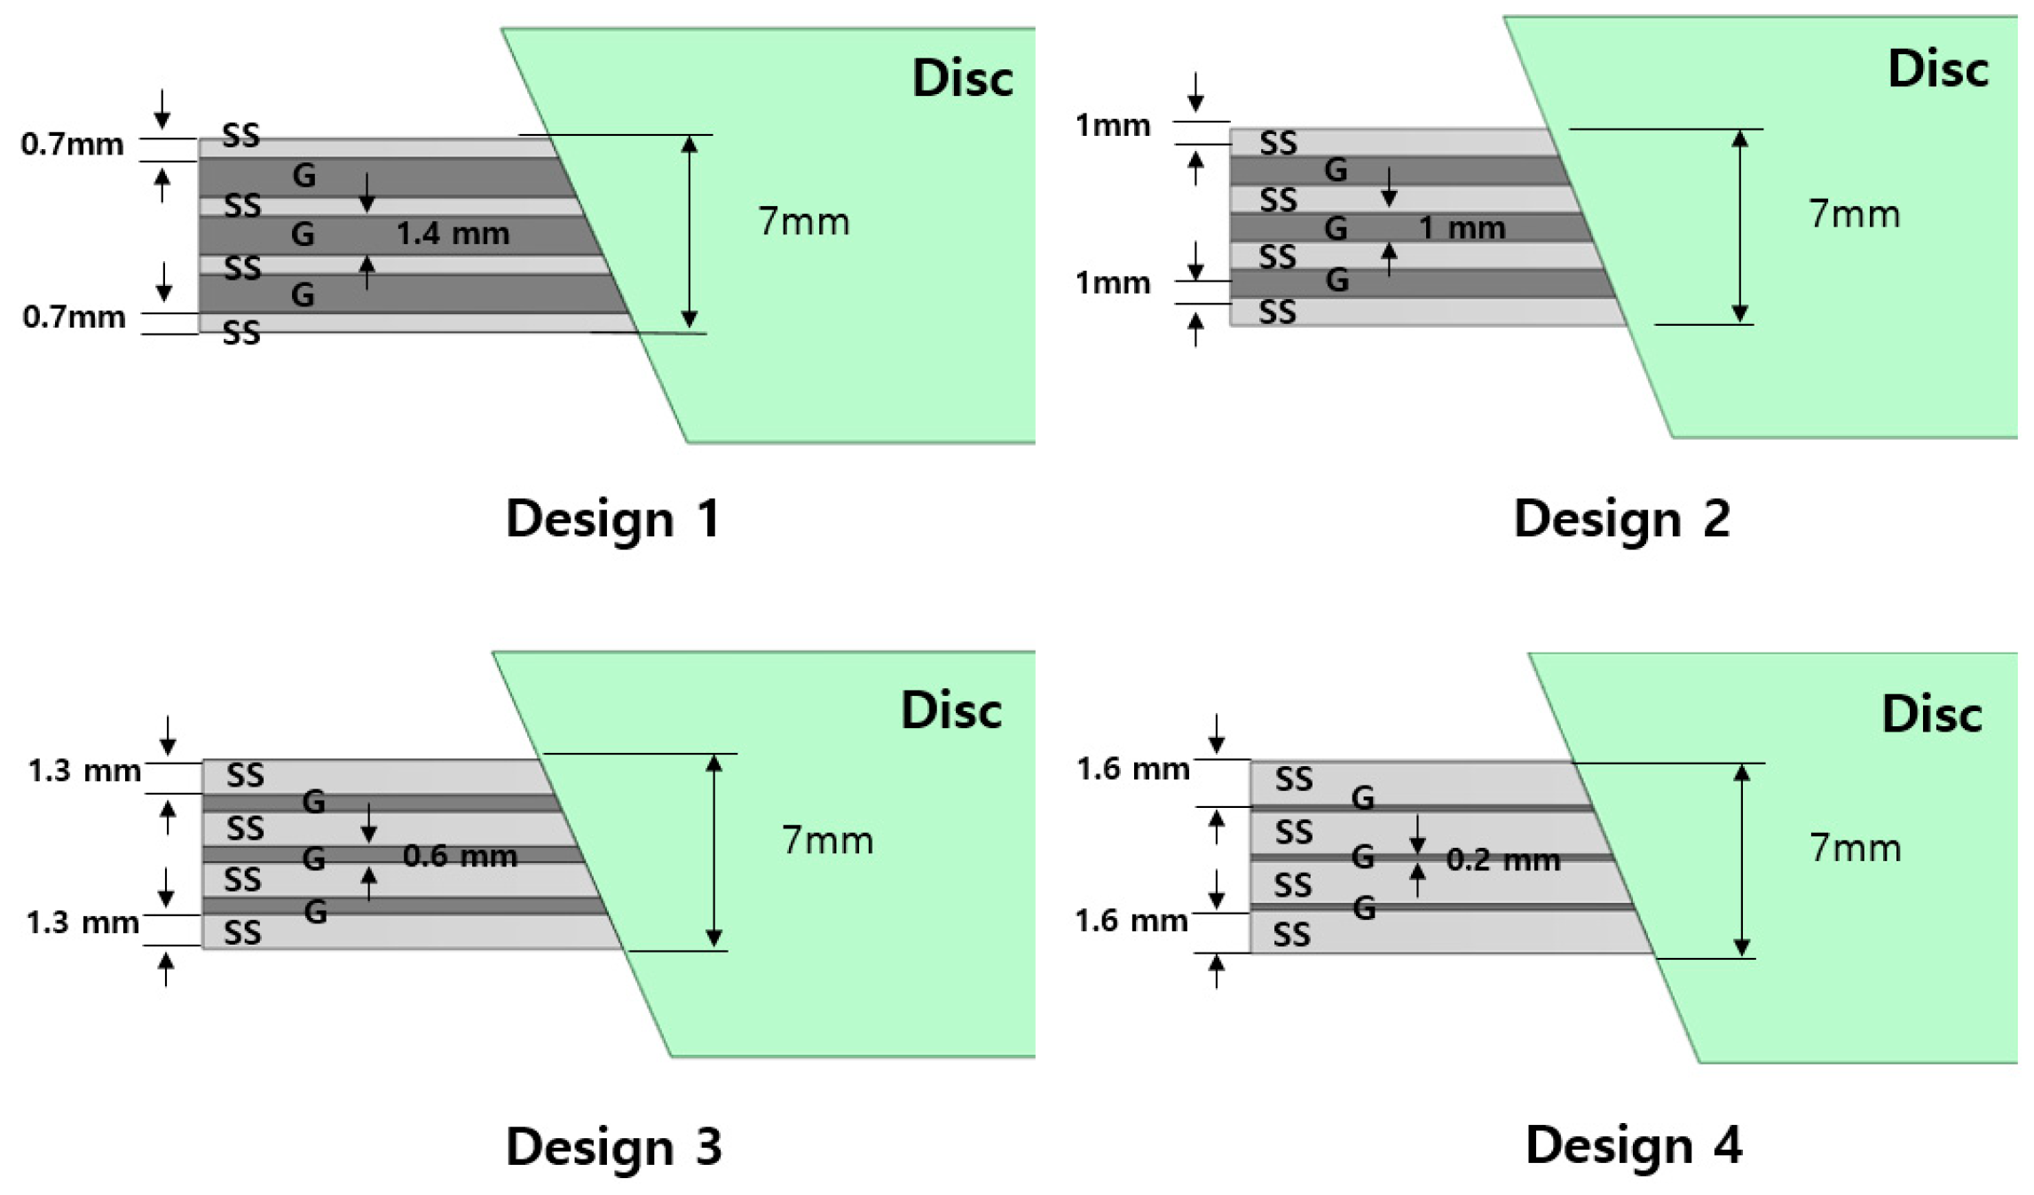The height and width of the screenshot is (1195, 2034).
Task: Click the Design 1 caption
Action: pyautogui.click(x=611, y=518)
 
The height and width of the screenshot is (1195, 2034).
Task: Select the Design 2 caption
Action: pyautogui.click(x=1620, y=518)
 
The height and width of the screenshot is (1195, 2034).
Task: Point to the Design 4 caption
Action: pyautogui.click(x=1633, y=1144)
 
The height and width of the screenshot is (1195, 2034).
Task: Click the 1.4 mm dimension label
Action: pyautogui.click(x=453, y=233)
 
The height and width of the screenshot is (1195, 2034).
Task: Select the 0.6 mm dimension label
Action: pyautogui.click(x=460, y=856)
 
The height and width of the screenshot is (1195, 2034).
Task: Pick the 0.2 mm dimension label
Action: pyautogui.click(x=1502, y=859)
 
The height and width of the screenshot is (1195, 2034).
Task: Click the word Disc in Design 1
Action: pyautogui.click(x=962, y=78)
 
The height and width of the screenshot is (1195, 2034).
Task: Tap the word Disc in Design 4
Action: pyautogui.click(x=1931, y=714)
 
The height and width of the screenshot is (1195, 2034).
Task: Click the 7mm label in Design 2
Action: pyautogui.click(x=1854, y=214)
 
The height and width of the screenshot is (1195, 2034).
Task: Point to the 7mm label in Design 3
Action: pyautogui.click(x=827, y=840)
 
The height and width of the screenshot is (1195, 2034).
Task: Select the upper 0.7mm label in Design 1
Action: pyautogui.click(x=72, y=144)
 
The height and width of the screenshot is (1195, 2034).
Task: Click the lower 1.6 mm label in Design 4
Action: pyautogui.click(x=1131, y=921)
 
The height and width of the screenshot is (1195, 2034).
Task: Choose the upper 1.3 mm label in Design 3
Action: pyautogui.click(x=83, y=771)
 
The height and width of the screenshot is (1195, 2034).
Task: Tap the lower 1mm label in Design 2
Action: pyautogui.click(x=1112, y=283)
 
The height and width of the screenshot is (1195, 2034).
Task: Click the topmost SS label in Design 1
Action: pyautogui.click(x=240, y=136)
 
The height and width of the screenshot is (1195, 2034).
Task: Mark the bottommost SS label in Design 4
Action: pyautogui.click(x=1291, y=935)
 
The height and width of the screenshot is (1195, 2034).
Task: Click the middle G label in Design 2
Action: pyautogui.click(x=1336, y=228)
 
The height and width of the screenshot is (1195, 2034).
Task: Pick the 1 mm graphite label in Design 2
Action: pyautogui.click(x=1462, y=228)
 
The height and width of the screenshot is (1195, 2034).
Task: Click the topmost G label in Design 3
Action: pyautogui.click(x=313, y=802)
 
